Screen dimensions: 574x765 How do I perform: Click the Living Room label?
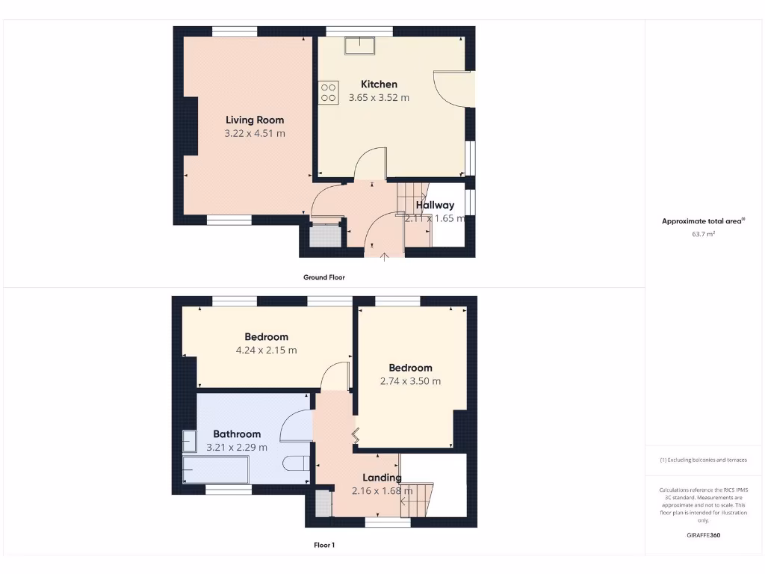[255, 120]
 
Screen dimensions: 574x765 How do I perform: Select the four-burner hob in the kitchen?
[328, 92]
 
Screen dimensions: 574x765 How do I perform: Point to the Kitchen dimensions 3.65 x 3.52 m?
[379, 98]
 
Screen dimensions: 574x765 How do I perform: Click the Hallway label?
[435, 205]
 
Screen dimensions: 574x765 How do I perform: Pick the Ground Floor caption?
[324, 277]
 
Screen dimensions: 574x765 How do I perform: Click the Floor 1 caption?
[324, 546]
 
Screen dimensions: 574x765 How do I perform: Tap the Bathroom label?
[237, 433]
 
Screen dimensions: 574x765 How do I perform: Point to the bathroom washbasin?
[189, 440]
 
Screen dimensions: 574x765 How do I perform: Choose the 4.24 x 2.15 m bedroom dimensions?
[267, 350]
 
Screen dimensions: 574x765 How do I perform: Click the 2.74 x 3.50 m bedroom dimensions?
[410, 381]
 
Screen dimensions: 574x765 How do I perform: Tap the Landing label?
[382, 478]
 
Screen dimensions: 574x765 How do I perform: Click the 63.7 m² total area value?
[703, 235]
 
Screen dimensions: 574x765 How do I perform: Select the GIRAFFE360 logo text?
[703, 535]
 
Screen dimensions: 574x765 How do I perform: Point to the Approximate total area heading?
[703, 220]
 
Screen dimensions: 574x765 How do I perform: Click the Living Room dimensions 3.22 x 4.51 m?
[255, 134]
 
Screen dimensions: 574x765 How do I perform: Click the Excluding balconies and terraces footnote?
[703, 460]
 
